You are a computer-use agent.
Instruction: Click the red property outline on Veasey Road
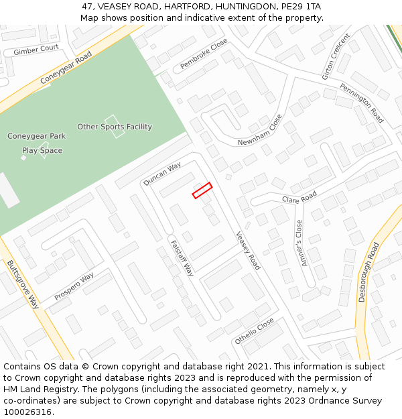pos(202,190)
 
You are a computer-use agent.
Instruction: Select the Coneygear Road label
pos(65,69)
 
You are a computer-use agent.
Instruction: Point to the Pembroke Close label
pos(204,54)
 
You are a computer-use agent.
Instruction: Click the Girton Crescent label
pos(336,56)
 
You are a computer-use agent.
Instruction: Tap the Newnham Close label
pos(261,130)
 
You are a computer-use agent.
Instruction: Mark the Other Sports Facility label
pos(115,127)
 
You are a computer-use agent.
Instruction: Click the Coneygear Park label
pos(37,136)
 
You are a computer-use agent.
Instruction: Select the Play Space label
pos(42,151)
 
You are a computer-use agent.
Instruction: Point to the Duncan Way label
pos(162,174)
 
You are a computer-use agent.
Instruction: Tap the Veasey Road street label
pos(247,251)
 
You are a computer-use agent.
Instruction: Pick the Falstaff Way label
pos(182,258)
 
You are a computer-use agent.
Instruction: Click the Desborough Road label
pos(368,272)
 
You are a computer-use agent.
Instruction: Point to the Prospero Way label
pos(74,286)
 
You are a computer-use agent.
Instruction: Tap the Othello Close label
pos(254,331)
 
